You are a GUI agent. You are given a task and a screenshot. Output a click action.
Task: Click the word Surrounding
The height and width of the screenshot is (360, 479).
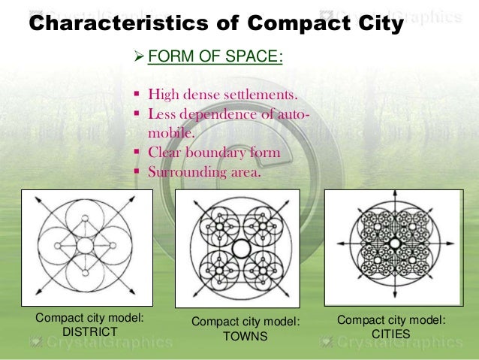tap(188, 171)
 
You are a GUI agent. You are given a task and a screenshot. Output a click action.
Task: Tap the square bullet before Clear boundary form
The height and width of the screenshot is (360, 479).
tap(137, 153)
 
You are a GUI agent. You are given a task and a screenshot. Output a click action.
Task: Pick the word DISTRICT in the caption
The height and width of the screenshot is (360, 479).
tap(89, 331)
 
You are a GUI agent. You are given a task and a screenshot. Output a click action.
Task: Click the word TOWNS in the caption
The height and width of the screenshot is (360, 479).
tap(245, 336)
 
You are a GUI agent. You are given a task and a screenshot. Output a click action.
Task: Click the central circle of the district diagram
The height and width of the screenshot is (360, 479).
tap(84, 246)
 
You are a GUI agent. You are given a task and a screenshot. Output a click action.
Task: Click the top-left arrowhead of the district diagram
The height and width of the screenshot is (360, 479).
tap(35, 197)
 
